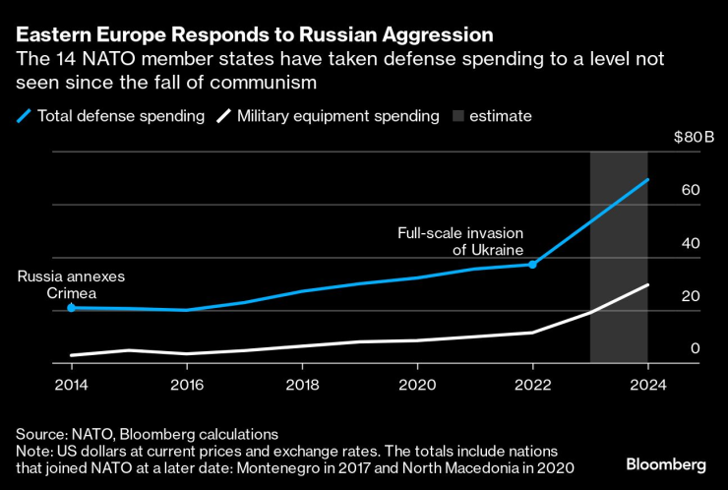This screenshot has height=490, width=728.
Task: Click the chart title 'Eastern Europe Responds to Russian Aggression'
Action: click(255, 34)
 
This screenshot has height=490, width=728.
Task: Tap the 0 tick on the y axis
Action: click(695, 348)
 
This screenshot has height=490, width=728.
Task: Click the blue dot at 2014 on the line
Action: click(72, 308)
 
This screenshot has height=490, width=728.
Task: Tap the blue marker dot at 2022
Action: click(532, 265)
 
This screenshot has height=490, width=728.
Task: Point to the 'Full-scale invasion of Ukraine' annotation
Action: click(459, 241)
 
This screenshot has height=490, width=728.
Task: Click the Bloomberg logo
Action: click(665, 463)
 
